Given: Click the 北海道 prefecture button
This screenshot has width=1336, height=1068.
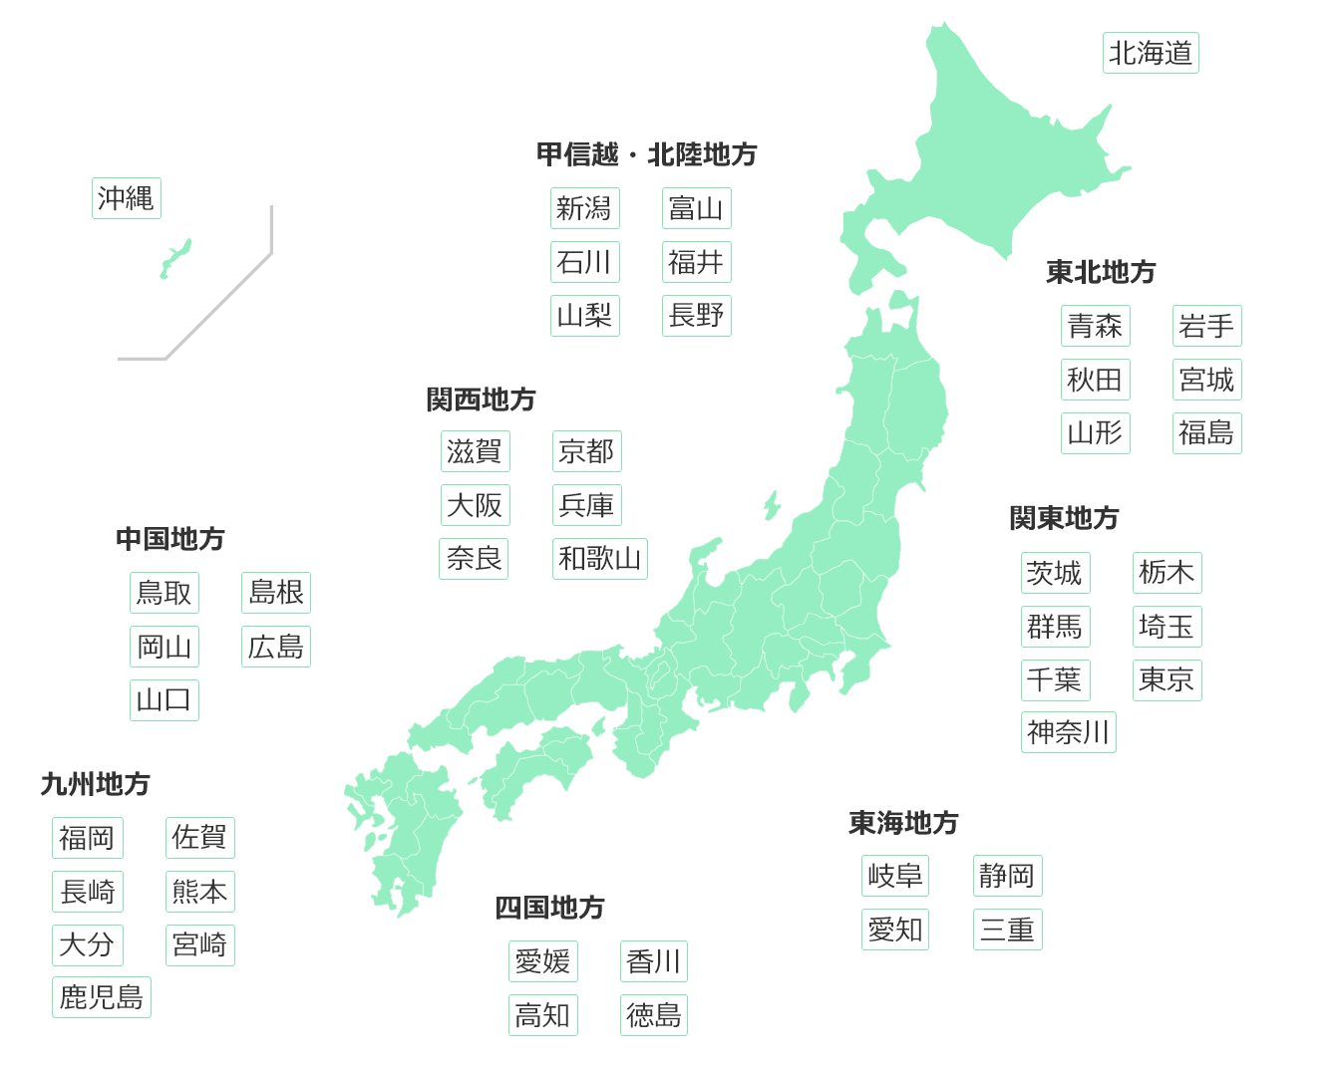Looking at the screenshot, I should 1151,53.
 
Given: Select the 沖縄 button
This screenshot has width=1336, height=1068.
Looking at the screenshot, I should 126,198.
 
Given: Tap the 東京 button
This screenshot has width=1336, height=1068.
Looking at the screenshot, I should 1167,680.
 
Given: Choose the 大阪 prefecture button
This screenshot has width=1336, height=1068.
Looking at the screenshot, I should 475,505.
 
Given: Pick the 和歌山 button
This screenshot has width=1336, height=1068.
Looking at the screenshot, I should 599,559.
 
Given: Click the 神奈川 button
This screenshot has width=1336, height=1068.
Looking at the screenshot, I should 1068,732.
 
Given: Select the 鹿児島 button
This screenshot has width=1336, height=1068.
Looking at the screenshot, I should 101,997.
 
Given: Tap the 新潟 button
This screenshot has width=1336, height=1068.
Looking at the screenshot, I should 584,208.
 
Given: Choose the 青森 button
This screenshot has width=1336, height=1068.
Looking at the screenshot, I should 1095,326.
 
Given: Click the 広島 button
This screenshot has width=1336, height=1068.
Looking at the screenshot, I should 275,647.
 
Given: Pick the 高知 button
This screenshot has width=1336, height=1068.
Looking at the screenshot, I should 542,1015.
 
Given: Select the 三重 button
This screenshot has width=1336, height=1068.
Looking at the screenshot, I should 1007,930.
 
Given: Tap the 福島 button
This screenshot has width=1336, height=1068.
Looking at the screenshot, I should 1206,433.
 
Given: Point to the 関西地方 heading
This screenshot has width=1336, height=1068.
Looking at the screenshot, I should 481,400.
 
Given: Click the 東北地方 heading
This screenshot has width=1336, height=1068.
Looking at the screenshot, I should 1101,272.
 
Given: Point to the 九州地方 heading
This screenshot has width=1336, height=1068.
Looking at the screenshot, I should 95,784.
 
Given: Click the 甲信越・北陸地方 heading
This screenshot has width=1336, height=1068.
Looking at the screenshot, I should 646,154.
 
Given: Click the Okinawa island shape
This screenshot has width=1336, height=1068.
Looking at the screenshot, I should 175,257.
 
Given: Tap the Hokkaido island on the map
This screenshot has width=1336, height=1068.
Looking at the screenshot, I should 987,159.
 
